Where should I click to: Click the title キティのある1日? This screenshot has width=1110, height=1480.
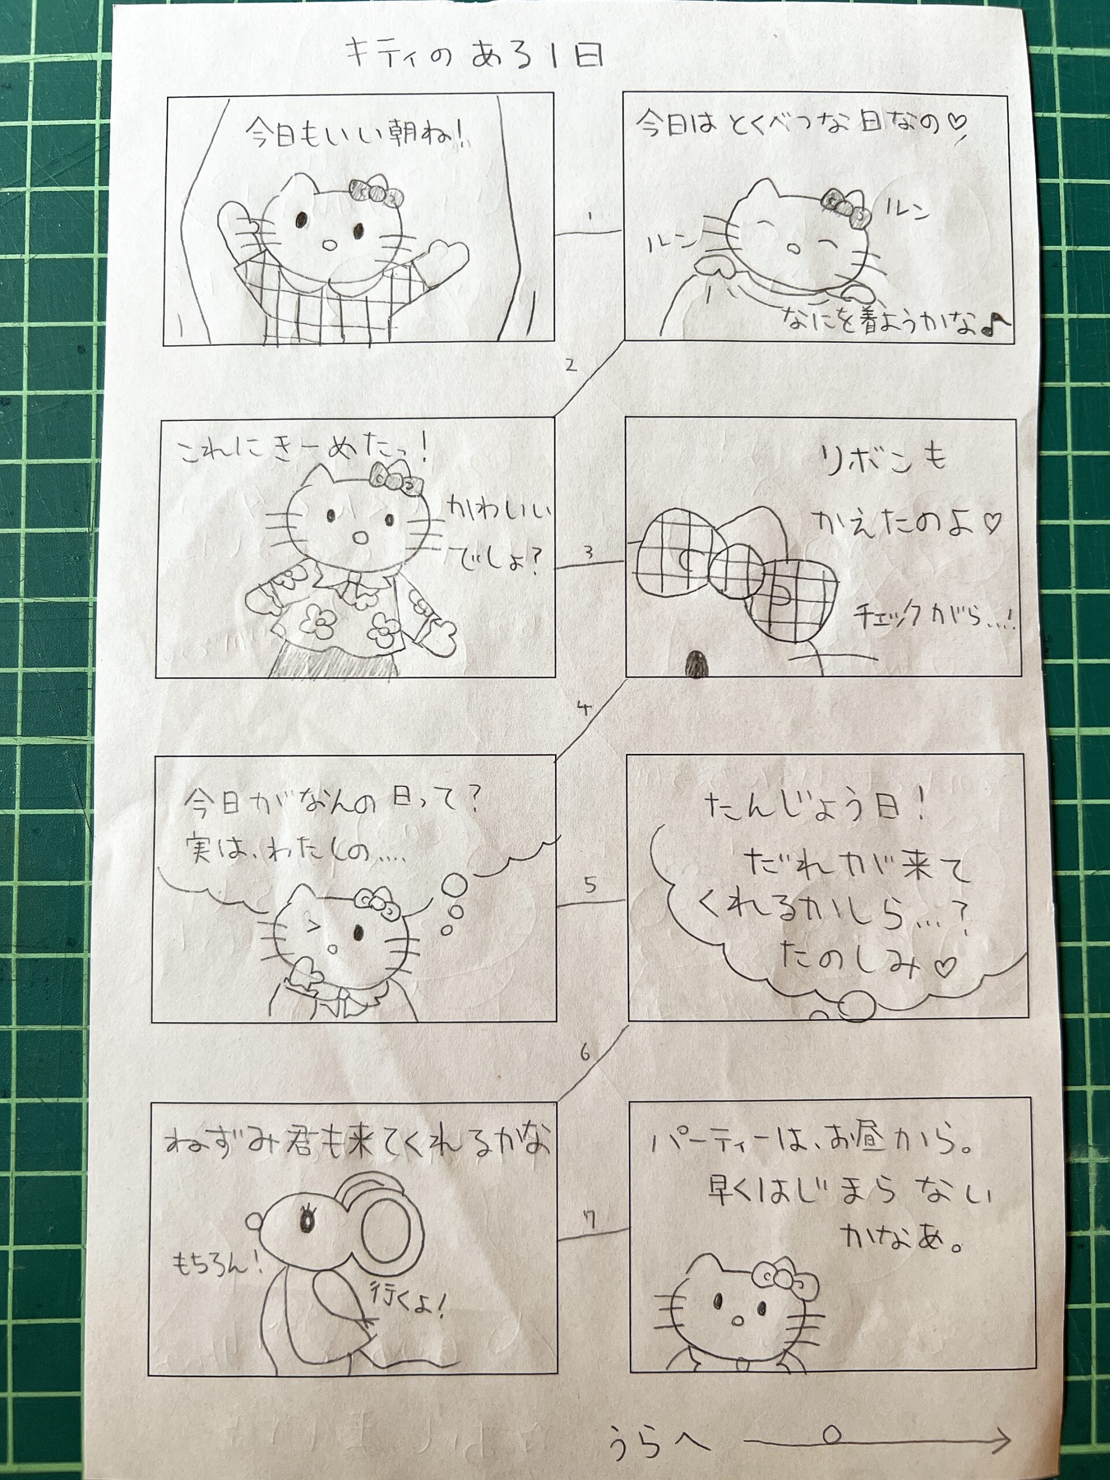coord(475,54)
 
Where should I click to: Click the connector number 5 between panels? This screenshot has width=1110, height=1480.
coord(590,885)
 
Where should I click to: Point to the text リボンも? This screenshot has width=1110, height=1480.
coord(883,460)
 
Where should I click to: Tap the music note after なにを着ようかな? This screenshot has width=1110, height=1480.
coord(995,324)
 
